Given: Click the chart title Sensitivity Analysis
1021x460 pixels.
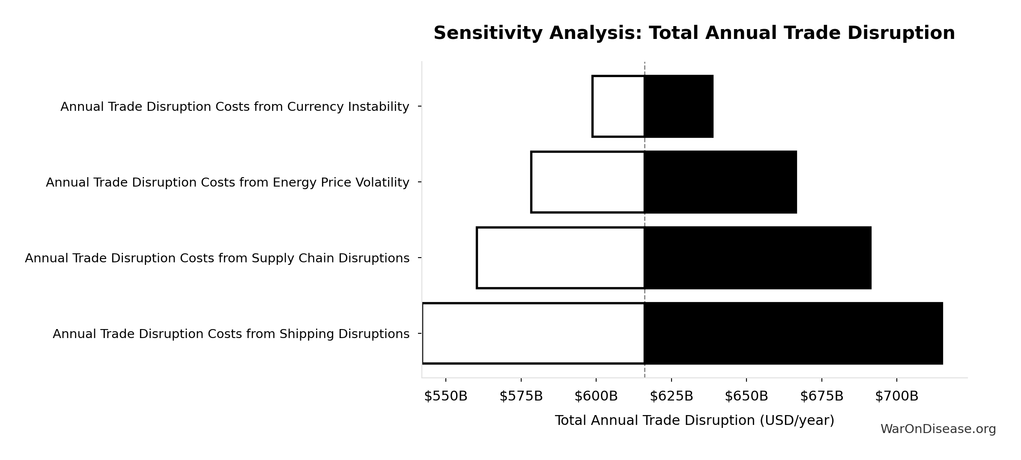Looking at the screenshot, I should pyautogui.click(x=694, y=33).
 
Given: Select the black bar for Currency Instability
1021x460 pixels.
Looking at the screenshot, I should pyautogui.click(x=678, y=107).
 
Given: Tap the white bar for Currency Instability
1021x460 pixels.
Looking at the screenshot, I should pyautogui.click(x=618, y=107).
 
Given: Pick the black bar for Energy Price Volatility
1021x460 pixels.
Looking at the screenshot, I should pyautogui.click(x=720, y=182).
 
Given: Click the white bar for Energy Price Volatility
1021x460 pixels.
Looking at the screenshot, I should pyautogui.click(x=588, y=182).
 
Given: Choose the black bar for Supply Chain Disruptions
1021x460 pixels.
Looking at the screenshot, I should pyautogui.click(x=758, y=258).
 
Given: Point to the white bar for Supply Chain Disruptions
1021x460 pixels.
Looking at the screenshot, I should pyautogui.click(x=561, y=258).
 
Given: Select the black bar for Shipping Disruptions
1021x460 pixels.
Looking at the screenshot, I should pyautogui.click(x=793, y=333).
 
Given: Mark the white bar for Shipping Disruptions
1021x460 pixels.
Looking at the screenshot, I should pyautogui.click(x=533, y=333).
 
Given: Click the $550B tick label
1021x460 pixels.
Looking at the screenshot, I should pyautogui.click(x=445, y=397).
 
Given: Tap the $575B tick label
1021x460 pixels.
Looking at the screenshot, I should pyautogui.click(x=521, y=397).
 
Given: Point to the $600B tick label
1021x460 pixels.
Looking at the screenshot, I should pyautogui.click(x=596, y=397).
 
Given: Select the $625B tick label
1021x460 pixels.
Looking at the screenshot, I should pyautogui.click(x=671, y=397).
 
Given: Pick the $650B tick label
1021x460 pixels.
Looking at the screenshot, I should pyautogui.click(x=746, y=397).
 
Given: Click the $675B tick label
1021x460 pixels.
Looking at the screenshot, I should pyautogui.click(x=821, y=397).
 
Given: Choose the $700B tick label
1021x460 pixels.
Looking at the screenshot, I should pyautogui.click(x=896, y=397).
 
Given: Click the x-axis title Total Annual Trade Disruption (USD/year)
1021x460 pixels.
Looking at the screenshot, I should pyautogui.click(x=694, y=421).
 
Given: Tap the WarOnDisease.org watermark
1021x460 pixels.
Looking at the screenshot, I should pyautogui.click(x=938, y=429).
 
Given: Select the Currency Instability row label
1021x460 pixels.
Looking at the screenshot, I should pyautogui.click(x=235, y=107).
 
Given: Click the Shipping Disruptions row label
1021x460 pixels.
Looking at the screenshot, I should pyautogui.click(x=231, y=334).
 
